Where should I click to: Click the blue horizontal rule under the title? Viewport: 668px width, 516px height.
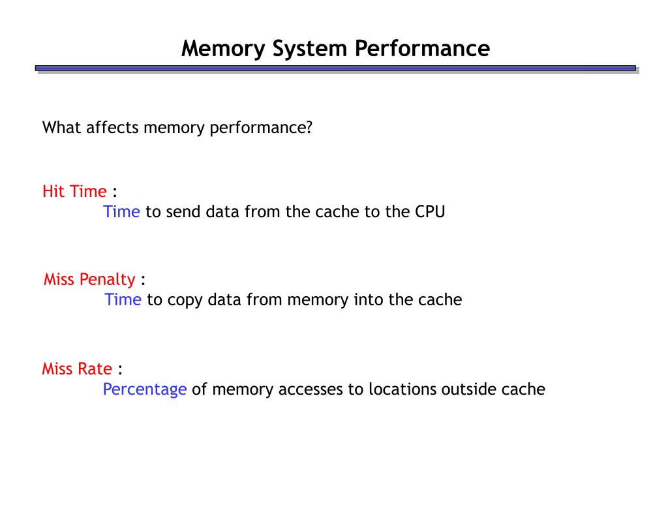(x=335, y=68)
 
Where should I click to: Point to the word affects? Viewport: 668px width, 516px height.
(x=112, y=127)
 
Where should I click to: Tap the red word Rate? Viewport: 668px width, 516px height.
(x=95, y=369)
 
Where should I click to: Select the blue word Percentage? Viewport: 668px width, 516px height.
(x=145, y=389)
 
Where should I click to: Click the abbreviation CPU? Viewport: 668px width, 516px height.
(x=430, y=212)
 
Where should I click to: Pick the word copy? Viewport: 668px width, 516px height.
(x=185, y=301)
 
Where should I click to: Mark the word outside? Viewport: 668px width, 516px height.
(x=468, y=389)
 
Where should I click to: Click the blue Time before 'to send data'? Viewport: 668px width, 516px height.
(x=121, y=212)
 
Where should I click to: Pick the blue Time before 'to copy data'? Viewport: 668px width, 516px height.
(x=123, y=300)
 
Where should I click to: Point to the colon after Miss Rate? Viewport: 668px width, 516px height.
(x=121, y=370)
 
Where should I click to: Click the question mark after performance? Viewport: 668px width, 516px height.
(x=309, y=127)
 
